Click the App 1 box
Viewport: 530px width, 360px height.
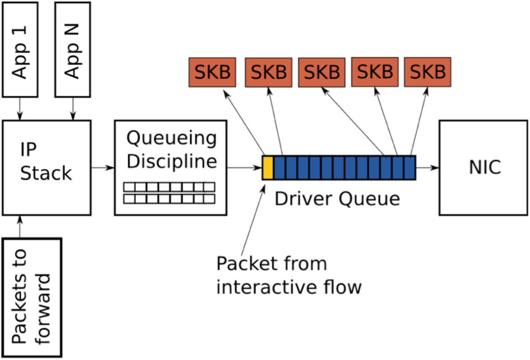pyautogui.click(x=20, y=50)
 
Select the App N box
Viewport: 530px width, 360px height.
pyautogui.click(x=73, y=50)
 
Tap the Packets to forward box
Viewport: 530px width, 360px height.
pyautogui.click(x=32, y=297)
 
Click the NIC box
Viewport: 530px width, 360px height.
pyautogui.click(x=484, y=167)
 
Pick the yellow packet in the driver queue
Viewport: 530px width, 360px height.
pyautogui.click(x=268, y=167)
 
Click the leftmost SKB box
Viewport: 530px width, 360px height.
pyautogui.click(x=213, y=73)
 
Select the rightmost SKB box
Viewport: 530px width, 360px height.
pyautogui.click(x=428, y=72)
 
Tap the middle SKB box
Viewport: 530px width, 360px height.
pyautogui.click(x=322, y=73)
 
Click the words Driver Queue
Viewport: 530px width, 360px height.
pyautogui.click(x=337, y=199)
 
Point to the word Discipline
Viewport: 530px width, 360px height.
pyautogui.click(x=172, y=161)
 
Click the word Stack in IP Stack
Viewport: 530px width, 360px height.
pyautogui.click(x=46, y=173)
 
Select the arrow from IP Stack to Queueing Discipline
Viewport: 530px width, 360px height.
pyautogui.click(x=103, y=167)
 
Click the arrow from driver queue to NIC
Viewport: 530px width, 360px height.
pyautogui.click(x=427, y=167)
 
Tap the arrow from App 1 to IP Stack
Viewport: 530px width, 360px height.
pyautogui.click(x=20, y=109)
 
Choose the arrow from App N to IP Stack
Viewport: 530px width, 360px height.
pyautogui.click(x=73, y=109)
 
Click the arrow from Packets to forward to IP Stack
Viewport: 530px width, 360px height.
pyautogui.click(x=20, y=226)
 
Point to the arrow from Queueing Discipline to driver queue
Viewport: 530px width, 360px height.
pyautogui.click(x=244, y=167)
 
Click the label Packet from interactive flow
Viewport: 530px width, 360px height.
pyautogui.click(x=289, y=275)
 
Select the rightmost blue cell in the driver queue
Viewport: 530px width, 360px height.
pyautogui.click(x=410, y=167)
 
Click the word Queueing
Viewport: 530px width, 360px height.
pyautogui.click(x=171, y=138)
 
